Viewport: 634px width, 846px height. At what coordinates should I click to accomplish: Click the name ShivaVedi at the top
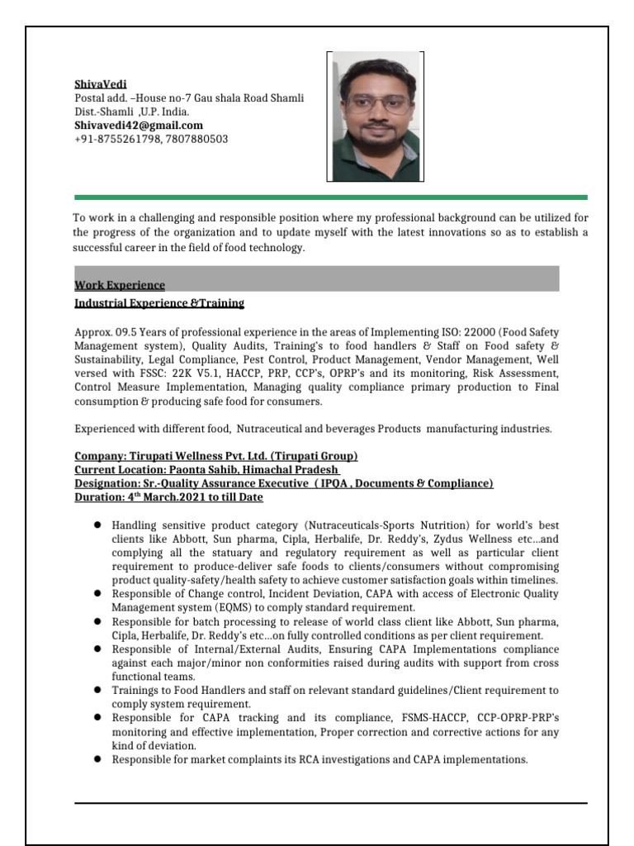coord(95,84)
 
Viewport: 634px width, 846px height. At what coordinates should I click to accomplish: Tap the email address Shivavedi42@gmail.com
coord(139,126)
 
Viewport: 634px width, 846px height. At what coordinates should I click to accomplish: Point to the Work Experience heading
coord(120,285)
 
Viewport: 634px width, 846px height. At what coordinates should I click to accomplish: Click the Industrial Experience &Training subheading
coord(159,304)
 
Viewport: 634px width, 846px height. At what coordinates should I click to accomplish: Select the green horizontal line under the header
coord(330,197)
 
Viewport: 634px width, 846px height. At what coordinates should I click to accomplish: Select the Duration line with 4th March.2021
coord(169,497)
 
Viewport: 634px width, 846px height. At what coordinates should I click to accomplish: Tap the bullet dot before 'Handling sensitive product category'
coord(97,525)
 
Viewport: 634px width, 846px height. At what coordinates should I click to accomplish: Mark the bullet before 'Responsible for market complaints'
coord(97,759)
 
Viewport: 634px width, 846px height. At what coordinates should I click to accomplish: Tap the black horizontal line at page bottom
coord(330,802)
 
